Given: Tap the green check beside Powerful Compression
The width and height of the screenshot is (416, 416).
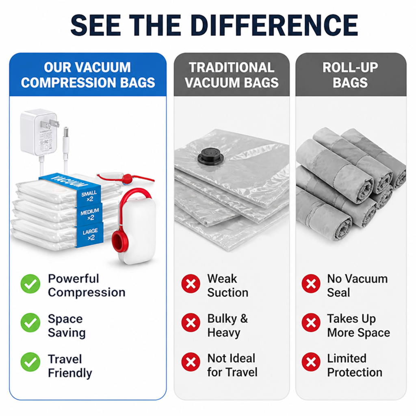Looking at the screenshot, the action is coord(30,284).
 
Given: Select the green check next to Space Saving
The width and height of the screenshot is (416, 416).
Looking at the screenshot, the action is coord(30,323).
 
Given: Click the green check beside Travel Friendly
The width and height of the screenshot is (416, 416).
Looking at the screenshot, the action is coord(30,362).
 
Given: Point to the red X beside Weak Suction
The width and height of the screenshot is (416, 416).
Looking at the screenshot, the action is coord(191,284).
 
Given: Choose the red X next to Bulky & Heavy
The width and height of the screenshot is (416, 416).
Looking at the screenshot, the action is coord(191,323).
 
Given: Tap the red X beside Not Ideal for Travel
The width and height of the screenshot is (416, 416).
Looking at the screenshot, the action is coord(191,362).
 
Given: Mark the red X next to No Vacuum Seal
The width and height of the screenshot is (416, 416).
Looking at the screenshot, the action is coord(311,284).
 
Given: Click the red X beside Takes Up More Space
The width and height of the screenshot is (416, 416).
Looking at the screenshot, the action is coord(311,323).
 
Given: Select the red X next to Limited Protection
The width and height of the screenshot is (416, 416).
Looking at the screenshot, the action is coord(311,362).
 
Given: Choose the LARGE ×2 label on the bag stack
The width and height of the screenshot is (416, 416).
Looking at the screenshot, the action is coord(91,234).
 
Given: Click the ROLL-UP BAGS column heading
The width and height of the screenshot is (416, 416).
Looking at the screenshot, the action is coord(351,75).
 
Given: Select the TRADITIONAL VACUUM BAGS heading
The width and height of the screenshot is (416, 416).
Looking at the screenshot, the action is coord(232,75).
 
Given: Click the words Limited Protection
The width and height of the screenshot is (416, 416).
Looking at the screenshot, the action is coord(355,365).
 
